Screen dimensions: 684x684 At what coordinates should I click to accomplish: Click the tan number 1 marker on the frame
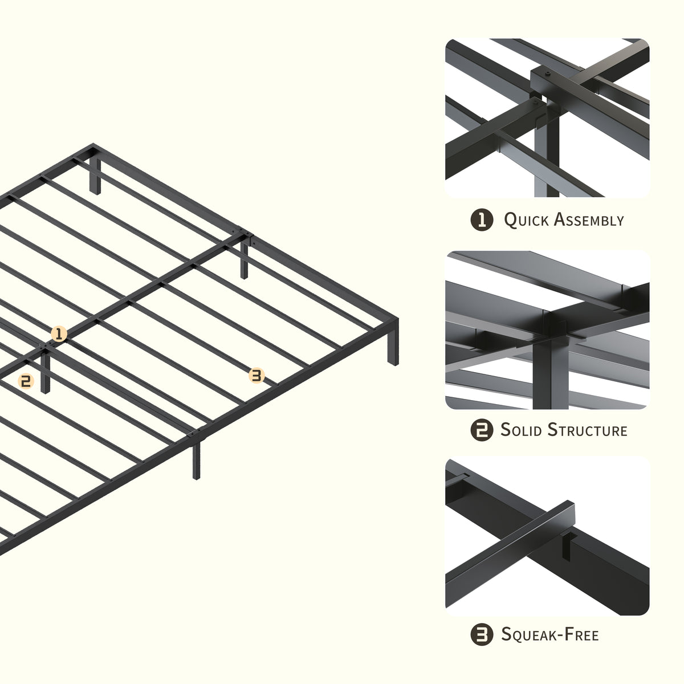59,333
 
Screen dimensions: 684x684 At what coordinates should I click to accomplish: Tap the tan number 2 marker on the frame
26,381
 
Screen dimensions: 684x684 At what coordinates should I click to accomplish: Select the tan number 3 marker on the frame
256,376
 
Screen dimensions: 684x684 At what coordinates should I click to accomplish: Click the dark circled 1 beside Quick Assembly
482,219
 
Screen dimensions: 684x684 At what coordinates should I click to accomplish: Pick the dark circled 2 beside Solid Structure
482,430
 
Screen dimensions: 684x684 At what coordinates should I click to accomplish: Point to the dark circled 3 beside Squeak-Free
482,634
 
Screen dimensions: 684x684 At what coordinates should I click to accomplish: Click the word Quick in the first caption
526,220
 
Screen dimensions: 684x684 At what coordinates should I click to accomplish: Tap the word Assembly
588,219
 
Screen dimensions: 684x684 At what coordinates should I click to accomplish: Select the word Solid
521,430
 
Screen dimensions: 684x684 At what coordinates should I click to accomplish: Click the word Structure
587,430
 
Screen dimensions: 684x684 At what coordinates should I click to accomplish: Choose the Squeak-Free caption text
550,634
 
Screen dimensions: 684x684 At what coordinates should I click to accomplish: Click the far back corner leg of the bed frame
95,176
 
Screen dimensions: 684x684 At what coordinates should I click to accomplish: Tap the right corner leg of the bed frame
393,343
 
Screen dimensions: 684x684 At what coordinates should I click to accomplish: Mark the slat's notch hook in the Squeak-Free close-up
567,546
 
